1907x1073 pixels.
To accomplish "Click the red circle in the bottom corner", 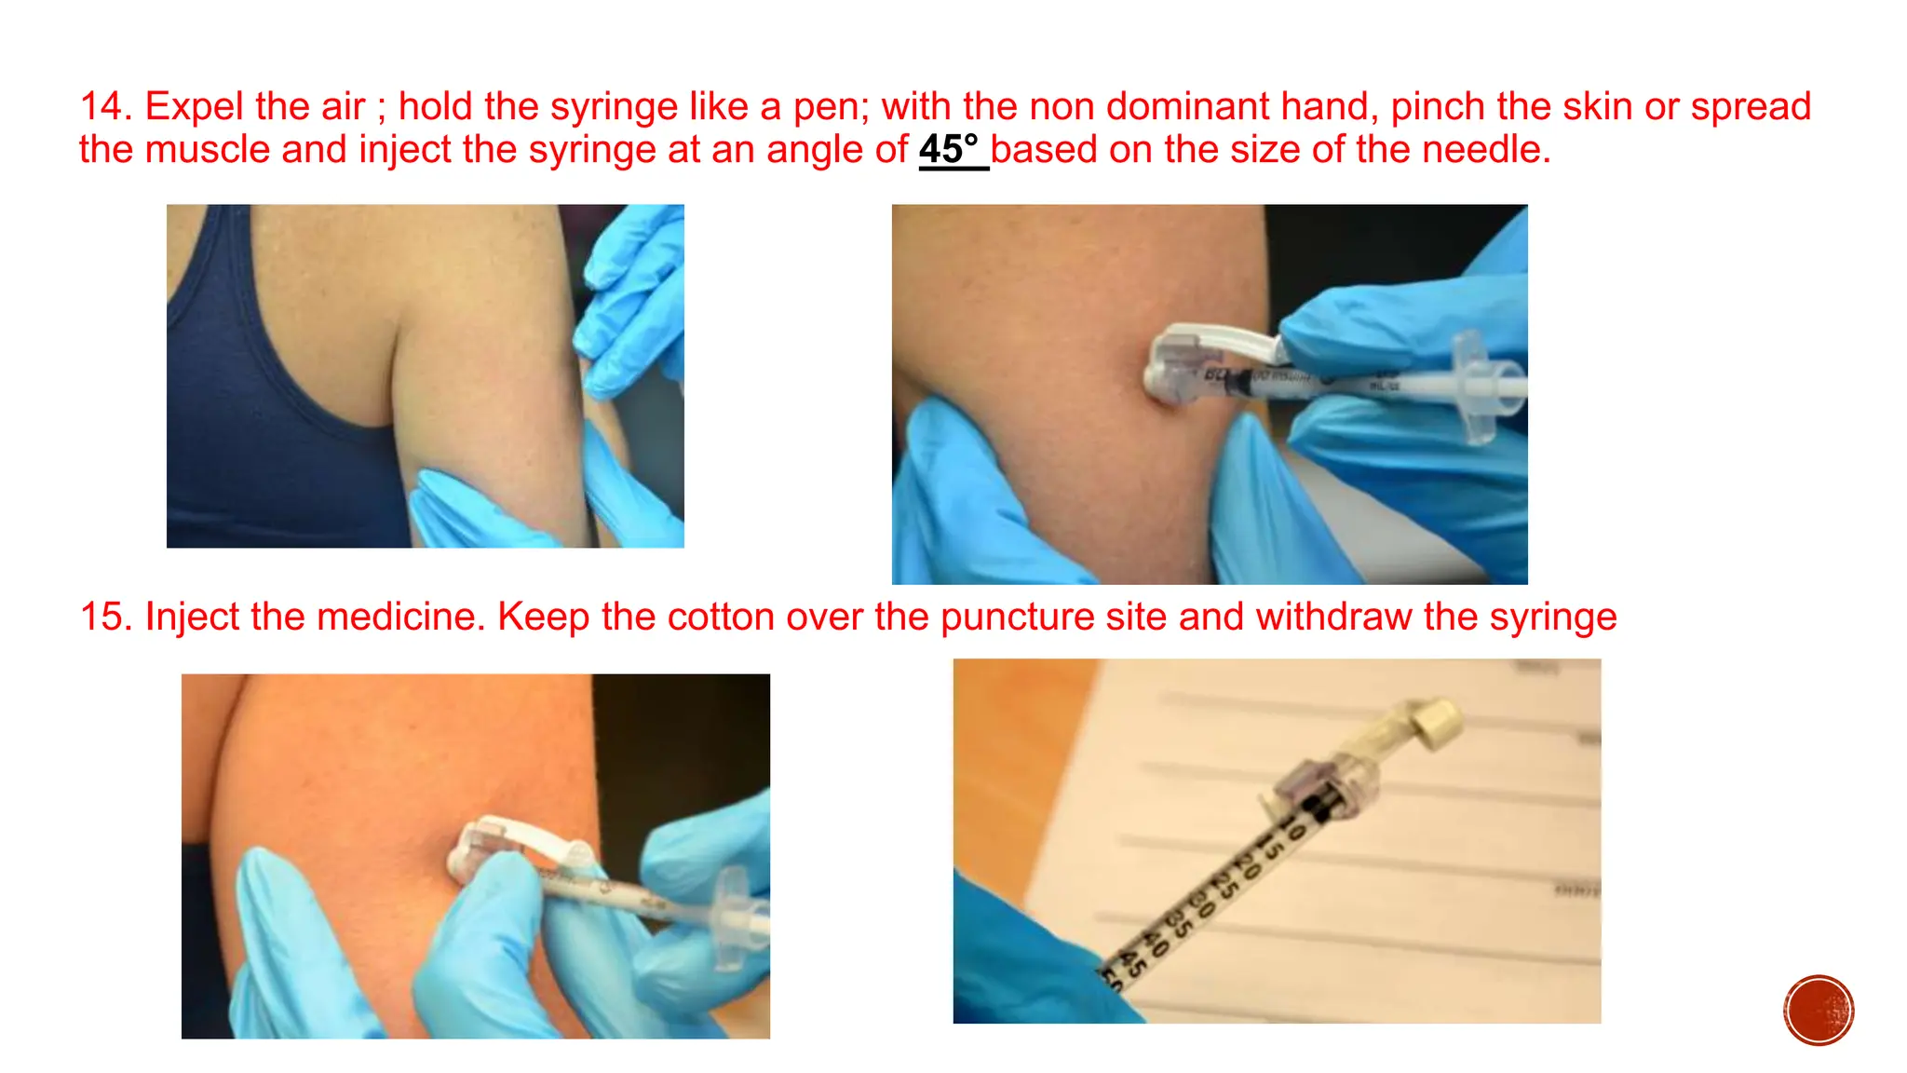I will point(1819,1011).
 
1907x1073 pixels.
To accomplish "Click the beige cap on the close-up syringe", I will point(1435,723).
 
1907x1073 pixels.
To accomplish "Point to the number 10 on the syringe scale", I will point(1292,825).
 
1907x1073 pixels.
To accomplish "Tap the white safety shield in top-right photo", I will point(1210,346).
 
